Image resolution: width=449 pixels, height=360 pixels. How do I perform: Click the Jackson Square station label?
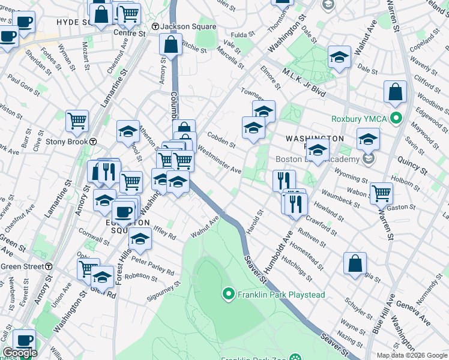coord(179,26)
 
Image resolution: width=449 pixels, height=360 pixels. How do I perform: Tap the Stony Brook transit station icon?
coord(94,142)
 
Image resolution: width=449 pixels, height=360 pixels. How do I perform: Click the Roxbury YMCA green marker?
coord(395,118)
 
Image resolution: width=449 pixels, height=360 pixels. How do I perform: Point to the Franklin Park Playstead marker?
coord(228,294)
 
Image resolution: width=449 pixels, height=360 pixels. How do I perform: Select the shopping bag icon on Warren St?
coord(396,92)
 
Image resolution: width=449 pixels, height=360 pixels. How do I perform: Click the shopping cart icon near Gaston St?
coord(381,193)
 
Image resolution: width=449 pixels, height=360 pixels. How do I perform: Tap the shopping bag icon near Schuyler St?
coord(355,262)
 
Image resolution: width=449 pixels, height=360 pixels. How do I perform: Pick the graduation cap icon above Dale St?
coord(339,57)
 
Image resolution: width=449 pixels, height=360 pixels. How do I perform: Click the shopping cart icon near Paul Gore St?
coord(77,121)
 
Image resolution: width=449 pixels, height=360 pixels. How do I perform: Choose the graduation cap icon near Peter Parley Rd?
coord(140,238)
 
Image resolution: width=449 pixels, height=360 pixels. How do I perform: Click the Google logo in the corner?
coord(19,353)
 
